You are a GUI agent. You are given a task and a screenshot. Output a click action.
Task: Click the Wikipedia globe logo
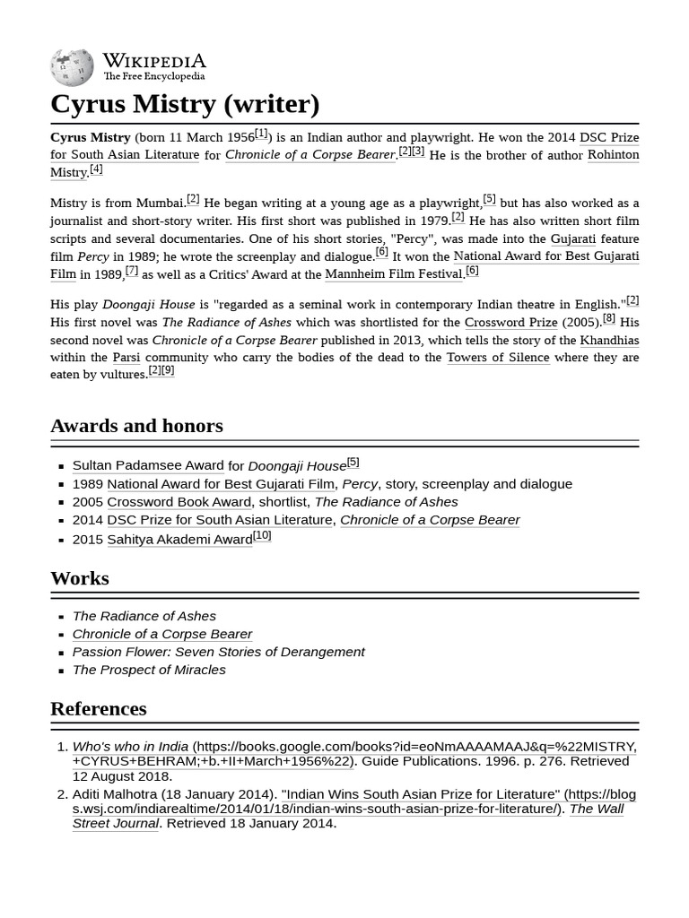click(x=72, y=67)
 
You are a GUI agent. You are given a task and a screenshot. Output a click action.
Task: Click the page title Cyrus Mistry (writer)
click(x=185, y=104)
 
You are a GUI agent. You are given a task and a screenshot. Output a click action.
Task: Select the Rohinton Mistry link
click(x=613, y=154)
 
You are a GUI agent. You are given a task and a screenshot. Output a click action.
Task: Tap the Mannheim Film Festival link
click(x=393, y=273)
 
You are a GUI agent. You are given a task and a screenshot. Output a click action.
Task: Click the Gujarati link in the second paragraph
click(x=572, y=238)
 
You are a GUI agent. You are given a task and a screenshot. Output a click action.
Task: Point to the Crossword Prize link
click(x=510, y=322)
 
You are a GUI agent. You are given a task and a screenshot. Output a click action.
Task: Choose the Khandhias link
click(x=609, y=340)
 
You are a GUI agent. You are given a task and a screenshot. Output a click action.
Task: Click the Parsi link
click(x=126, y=357)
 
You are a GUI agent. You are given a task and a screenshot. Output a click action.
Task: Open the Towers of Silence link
click(x=498, y=357)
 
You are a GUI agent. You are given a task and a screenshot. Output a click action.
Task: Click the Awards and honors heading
click(x=136, y=426)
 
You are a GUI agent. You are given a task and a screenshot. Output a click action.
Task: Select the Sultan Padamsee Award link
click(x=148, y=465)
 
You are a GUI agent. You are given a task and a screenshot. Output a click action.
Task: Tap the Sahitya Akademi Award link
click(x=179, y=539)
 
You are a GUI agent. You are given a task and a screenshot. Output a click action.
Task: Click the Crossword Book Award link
click(x=179, y=502)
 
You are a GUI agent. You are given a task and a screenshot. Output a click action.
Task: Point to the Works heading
click(x=80, y=578)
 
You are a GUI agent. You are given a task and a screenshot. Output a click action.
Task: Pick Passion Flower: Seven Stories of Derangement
click(x=218, y=652)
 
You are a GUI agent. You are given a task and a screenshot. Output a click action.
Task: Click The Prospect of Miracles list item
click(x=149, y=670)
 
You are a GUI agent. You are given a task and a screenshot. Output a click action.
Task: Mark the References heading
click(x=99, y=708)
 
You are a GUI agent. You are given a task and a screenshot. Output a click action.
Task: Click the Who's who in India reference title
click(x=130, y=746)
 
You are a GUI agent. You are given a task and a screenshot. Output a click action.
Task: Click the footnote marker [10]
click(x=262, y=535)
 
